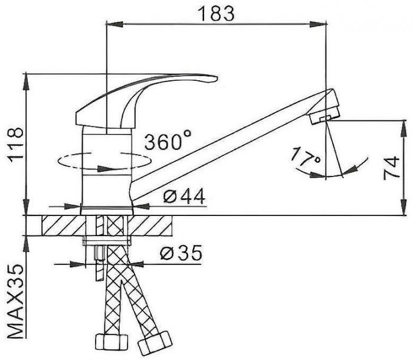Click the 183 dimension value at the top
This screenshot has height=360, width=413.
pyautogui.click(x=215, y=14)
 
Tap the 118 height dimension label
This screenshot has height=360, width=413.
pyautogui.click(x=15, y=146)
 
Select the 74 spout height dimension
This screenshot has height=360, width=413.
pyautogui.click(x=391, y=168)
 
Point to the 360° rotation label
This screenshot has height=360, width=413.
pyautogui.click(x=168, y=141)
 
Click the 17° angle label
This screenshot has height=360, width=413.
pyautogui.click(x=306, y=156)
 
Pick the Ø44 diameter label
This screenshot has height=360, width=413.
pyautogui.click(x=184, y=196)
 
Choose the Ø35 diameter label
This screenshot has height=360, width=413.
pyautogui.click(x=181, y=253)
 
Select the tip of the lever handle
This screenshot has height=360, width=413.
pyautogui.click(x=217, y=78)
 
